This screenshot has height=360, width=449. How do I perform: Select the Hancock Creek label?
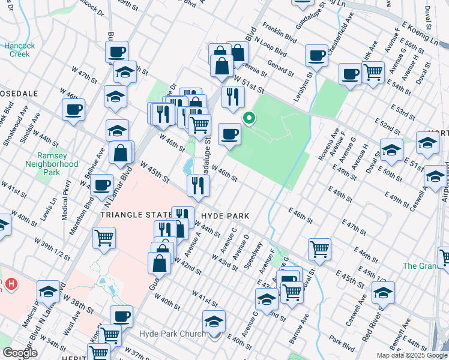pyautogui.click(x=19, y=50)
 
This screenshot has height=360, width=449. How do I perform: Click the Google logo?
pyautogui.click(x=20, y=352)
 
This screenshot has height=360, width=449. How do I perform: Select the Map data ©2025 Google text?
pyautogui.click(x=412, y=355)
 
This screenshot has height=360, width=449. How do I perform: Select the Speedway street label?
pyautogui.click(x=255, y=252)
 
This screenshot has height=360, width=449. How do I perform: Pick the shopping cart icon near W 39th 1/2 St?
pyautogui.click(x=104, y=238)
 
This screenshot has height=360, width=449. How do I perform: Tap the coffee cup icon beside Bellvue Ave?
pyautogui.click(x=103, y=185)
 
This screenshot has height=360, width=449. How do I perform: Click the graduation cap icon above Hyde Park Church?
pyautogui.click(x=214, y=322)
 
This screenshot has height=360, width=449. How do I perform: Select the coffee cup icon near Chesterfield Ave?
pyautogui.click(x=316, y=56)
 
